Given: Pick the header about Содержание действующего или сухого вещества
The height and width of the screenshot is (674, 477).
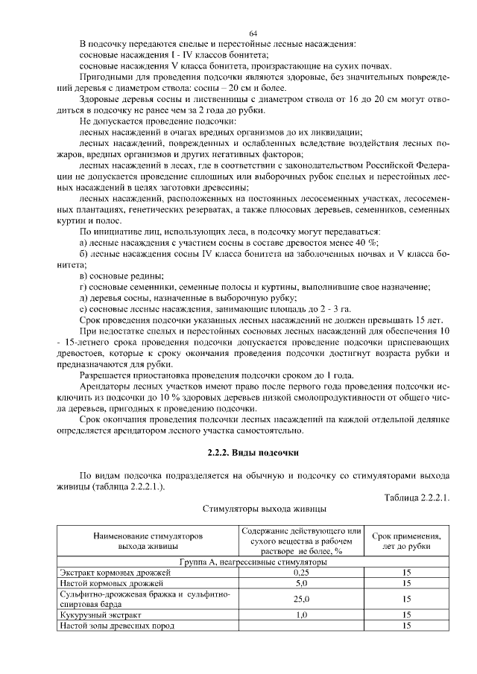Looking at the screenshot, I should pyautogui.click(x=301, y=541).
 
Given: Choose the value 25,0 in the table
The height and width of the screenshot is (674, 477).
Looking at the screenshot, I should pyautogui.click(x=301, y=599).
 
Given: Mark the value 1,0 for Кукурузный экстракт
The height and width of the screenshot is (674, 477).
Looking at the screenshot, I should pyautogui.click(x=301, y=615).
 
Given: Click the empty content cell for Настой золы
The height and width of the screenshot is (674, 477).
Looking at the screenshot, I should pyautogui.click(x=301, y=626).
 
